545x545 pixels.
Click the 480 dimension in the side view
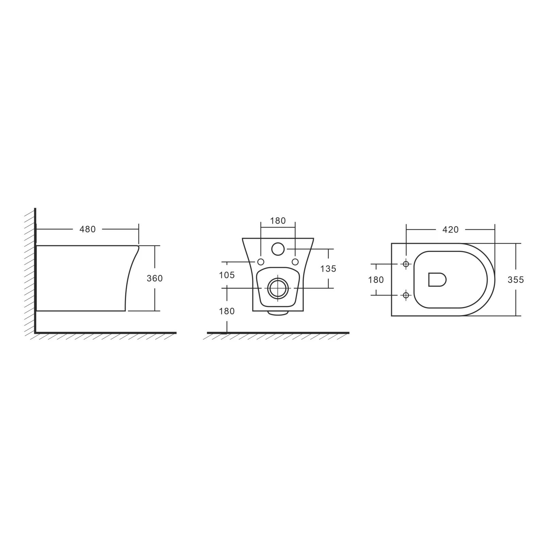pyautogui.click(x=87, y=229)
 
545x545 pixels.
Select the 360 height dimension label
pyautogui.click(x=155, y=278)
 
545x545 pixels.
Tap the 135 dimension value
pyautogui.click(x=328, y=269)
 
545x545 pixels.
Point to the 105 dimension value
pyautogui.click(x=227, y=275)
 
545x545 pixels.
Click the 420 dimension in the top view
pyautogui.click(x=450, y=230)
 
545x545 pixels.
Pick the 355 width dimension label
pyautogui.click(x=516, y=280)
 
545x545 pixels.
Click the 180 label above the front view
pyautogui.click(x=278, y=221)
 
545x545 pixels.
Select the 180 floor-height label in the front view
pyautogui.click(x=227, y=311)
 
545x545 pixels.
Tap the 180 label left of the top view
pyautogui.click(x=376, y=280)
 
